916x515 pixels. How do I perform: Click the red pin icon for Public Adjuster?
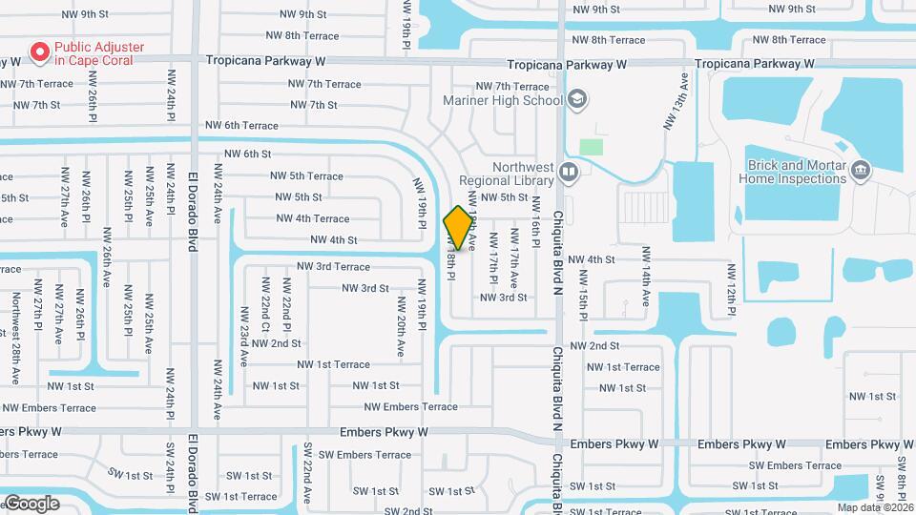(x=40, y=52)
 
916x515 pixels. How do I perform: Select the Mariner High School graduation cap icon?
(x=576, y=99)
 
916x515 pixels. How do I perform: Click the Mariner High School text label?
(x=504, y=100)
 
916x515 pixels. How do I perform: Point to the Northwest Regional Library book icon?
(x=569, y=173)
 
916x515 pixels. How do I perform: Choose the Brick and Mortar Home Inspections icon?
(x=860, y=171)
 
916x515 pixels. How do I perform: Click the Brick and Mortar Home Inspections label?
(x=792, y=172)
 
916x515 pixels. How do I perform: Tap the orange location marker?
(x=458, y=228)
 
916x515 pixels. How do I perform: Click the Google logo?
(x=31, y=503)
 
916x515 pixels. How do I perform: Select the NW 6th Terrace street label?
(x=241, y=126)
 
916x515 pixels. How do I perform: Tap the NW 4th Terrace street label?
(x=312, y=219)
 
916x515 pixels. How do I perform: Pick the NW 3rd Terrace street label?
(x=333, y=267)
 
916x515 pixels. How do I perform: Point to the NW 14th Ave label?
(x=646, y=286)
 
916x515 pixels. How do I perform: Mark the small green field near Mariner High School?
(x=592, y=148)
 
